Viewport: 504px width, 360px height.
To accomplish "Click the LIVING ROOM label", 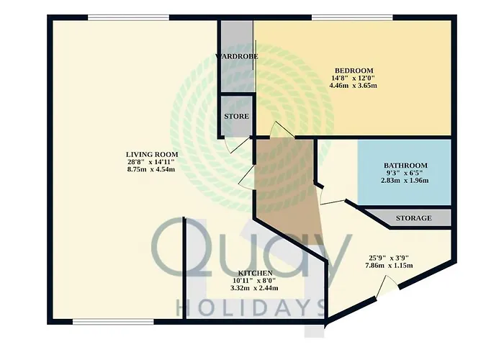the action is coord(152,154).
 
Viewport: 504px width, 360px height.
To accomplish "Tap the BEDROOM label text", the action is coord(354,71).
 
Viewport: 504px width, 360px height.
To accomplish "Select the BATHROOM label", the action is coord(405,166).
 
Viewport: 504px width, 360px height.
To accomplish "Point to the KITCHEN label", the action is coord(255,273).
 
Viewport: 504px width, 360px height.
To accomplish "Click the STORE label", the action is coord(237,117).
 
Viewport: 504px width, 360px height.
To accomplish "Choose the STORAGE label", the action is coord(414,218).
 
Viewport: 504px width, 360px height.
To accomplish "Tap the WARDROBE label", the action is coord(237,57).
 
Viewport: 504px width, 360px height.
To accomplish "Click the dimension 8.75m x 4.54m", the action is coord(151,169).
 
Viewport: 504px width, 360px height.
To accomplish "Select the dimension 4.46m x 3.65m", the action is coord(354,86).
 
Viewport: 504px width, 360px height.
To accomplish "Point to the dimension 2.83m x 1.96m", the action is coord(405,180).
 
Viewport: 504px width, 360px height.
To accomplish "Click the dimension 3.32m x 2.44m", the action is coord(254,288).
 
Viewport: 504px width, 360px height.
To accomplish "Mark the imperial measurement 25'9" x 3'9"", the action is coord(389,258).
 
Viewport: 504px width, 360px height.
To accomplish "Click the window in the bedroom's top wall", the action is coord(352,17).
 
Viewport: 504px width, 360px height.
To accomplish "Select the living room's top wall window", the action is coord(129,17).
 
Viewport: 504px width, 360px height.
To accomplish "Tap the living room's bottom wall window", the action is coord(113,322).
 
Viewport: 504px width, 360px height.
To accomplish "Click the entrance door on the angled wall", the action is coord(387,287).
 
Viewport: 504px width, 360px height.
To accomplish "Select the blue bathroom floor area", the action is coord(405,172).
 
